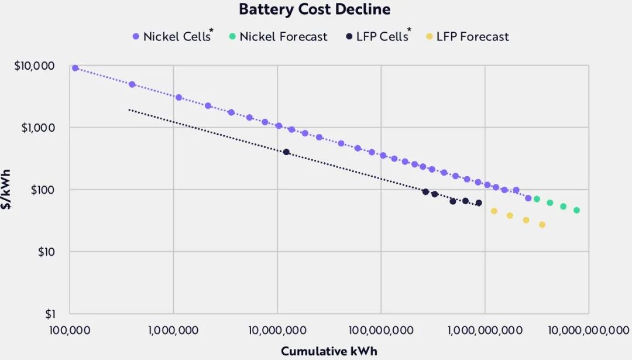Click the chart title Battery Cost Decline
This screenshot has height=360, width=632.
coord(314,10)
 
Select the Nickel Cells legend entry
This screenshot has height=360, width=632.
coord(171,36)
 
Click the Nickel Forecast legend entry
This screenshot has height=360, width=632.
coord(278,36)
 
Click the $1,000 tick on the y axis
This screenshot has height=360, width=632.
coord(38,128)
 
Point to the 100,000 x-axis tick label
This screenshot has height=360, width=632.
coord(69,330)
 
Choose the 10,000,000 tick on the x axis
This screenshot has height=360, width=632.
coord(277,330)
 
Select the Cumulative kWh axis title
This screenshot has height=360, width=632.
coord(329,351)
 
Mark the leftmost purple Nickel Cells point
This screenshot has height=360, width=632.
coord(75,68)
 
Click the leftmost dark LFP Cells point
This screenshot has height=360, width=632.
coord(286,152)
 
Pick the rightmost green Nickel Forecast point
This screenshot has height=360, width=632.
coord(576,210)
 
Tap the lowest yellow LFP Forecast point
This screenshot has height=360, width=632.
coord(542,225)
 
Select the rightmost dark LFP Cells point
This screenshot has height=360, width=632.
coord(479,203)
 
